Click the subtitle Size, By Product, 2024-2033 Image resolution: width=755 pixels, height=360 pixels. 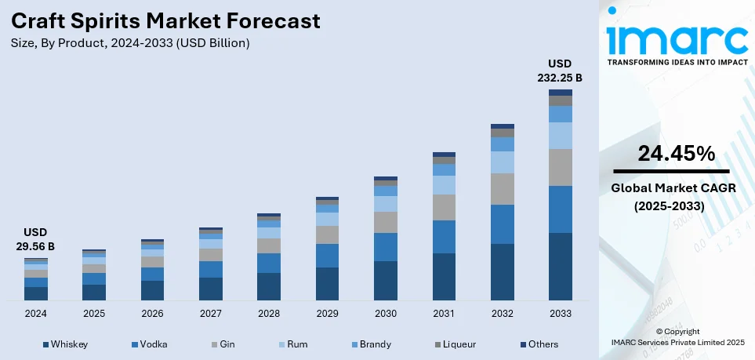[x=129, y=43]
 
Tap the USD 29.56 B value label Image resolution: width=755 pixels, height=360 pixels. [x=35, y=239]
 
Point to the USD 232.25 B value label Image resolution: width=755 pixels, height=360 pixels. [x=560, y=71]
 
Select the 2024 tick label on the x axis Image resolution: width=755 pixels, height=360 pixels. [x=36, y=314]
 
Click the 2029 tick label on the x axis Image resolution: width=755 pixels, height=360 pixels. [x=327, y=314]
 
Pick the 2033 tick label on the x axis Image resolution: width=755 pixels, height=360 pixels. [x=560, y=314]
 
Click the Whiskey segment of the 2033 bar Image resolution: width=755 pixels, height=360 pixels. [x=560, y=267]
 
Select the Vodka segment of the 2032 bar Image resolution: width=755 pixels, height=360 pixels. [x=502, y=224]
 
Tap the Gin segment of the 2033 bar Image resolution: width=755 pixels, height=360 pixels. [x=560, y=167]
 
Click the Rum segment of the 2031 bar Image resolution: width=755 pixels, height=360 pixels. [x=444, y=185]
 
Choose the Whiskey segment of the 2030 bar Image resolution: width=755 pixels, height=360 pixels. [x=385, y=280]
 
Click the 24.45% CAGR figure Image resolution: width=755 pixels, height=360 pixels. [x=676, y=154]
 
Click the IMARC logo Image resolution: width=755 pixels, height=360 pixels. [x=677, y=37]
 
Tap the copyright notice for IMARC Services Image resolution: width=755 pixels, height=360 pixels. [x=677, y=336]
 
